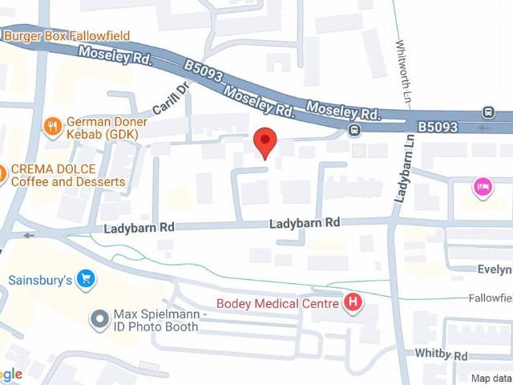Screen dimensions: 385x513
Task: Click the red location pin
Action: click(x=265, y=142)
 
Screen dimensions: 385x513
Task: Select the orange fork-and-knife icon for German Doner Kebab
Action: click(x=53, y=125)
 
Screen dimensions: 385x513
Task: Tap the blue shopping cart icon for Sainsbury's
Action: click(x=87, y=280)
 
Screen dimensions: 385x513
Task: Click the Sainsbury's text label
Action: click(x=40, y=280)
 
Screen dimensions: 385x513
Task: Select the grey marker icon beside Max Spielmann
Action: click(x=99, y=321)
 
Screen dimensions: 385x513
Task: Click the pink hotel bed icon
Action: click(x=483, y=187)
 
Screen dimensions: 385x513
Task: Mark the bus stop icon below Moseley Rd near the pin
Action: click(x=353, y=130)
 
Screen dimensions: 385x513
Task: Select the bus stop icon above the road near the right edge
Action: click(x=488, y=111)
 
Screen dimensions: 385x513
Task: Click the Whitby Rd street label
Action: click(x=441, y=355)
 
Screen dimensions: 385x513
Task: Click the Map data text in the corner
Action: click(x=491, y=378)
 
